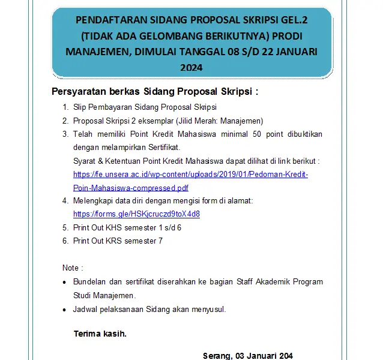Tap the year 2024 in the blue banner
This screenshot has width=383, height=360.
point(191,68)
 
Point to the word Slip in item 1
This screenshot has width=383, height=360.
point(80,108)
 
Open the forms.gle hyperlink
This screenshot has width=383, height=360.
point(136,214)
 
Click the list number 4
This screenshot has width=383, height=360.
point(65,200)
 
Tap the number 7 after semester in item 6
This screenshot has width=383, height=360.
point(160,241)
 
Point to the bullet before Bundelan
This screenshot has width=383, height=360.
point(65,282)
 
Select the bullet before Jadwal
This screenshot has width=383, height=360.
point(65,310)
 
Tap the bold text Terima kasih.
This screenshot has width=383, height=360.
point(100,334)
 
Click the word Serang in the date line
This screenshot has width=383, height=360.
point(217,356)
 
